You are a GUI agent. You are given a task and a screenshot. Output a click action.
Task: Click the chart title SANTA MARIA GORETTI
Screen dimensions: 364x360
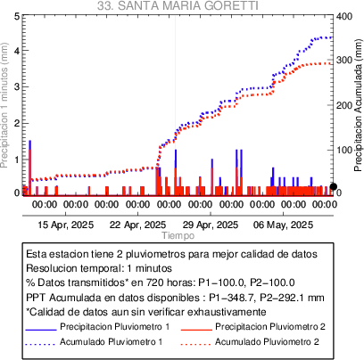tap(188, 5)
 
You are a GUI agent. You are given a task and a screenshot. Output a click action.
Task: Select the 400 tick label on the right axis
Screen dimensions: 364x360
tap(344, 16)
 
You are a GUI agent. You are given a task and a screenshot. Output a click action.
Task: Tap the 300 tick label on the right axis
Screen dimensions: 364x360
tap(344, 60)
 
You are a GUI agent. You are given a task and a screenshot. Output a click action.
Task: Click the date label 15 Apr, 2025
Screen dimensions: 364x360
tap(66, 225)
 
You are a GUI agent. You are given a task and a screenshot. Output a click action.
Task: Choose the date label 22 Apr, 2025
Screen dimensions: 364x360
tap(137, 225)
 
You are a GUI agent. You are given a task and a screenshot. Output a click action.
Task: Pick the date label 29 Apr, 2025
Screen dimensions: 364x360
tap(211, 225)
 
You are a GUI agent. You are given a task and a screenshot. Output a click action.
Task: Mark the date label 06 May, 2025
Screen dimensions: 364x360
tap(283, 225)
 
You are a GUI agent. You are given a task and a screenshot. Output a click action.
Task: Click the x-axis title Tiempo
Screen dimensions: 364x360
tap(178, 235)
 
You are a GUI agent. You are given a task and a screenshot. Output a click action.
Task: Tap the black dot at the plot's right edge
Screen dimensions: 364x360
tap(334, 186)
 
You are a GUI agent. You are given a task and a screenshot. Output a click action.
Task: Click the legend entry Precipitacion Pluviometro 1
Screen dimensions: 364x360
tap(115, 327)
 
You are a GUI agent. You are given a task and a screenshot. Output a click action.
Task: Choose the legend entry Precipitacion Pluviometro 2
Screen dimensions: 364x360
tap(270, 327)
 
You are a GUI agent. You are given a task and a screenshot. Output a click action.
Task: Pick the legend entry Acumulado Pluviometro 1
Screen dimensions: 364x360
tap(112, 342)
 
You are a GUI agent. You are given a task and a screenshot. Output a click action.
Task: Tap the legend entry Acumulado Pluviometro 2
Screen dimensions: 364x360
tap(267, 342)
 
